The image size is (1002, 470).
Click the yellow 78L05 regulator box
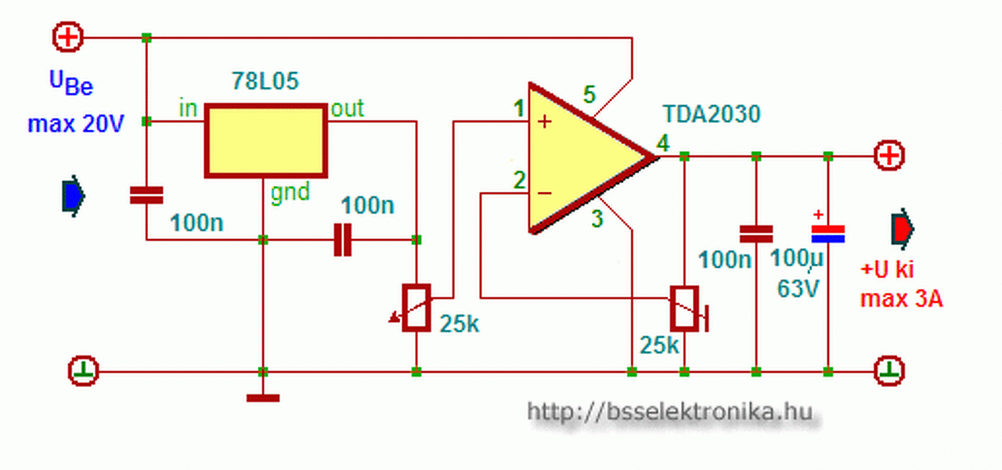pyautogui.click(x=265, y=140)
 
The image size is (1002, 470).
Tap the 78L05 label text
pyautogui.click(x=265, y=81)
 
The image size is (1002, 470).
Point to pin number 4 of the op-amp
pyautogui.click(x=663, y=144)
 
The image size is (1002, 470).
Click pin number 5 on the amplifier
pyautogui.click(x=589, y=94)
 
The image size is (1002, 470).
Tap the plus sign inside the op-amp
pyautogui.click(x=545, y=121)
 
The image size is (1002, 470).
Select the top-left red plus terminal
pyautogui.click(x=67, y=37)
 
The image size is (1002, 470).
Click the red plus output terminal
pyautogui.click(x=888, y=156)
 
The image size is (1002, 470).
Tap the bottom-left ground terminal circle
pyautogui.click(x=84, y=370)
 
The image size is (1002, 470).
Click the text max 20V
pyautogui.click(x=76, y=123)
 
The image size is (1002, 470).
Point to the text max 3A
pyautogui.click(x=901, y=298)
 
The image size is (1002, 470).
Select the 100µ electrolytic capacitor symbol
pyautogui.click(x=827, y=233)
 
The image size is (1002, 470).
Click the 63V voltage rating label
pyautogui.click(x=798, y=288)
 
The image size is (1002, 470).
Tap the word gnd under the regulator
pyautogui.click(x=290, y=192)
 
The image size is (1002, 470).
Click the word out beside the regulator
pyautogui.click(x=347, y=108)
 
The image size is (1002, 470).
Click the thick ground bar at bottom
pyautogui.click(x=263, y=399)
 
